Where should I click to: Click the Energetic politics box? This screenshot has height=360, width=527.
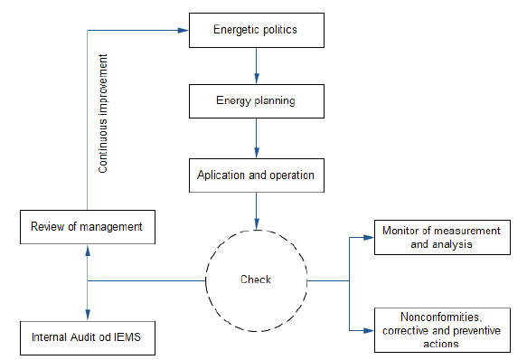(256, 30)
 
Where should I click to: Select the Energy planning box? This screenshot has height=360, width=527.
(256, 101)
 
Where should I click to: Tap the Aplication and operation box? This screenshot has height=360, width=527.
(256, 175)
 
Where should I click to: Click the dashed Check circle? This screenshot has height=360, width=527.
(256, 279)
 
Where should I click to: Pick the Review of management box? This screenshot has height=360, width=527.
(87, 226)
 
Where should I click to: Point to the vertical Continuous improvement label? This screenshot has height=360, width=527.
(104, 114)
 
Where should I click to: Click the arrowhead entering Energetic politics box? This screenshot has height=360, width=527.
(182, 29)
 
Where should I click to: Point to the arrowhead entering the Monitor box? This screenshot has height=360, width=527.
(369, 237)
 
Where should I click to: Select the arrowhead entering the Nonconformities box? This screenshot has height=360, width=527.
(369, 330)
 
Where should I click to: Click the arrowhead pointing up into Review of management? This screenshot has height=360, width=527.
(87, 249)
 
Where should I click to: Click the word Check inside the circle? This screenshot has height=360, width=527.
(256, 279)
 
